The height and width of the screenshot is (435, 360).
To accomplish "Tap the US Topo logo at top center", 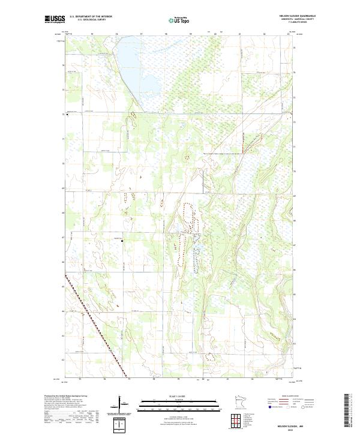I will click(179, 20).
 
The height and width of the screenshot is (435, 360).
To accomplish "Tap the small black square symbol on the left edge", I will click(68, 116).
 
